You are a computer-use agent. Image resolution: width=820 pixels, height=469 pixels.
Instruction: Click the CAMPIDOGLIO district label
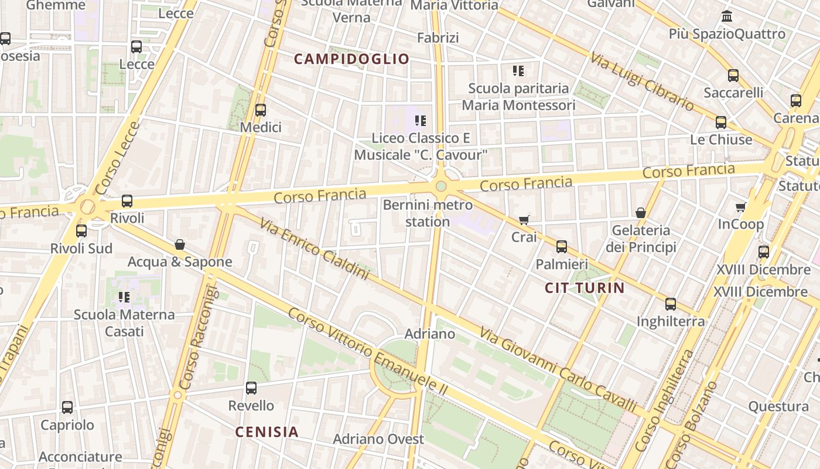click(x=351, y=59)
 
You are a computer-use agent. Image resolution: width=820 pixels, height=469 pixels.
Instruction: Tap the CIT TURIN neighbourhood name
click(x=585, y=288)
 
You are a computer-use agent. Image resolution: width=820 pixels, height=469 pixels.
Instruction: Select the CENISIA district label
click(x=266, y=432)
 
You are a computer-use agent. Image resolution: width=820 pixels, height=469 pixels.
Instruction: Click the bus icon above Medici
click(x=261, y=110)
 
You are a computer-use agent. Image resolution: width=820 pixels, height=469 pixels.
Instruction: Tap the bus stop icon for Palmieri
click(x=562, y=247)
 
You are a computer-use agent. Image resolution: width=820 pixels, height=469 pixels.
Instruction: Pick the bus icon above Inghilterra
click(x=671, y=304)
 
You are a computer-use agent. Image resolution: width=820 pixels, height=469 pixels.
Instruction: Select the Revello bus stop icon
click(x=251, y=388)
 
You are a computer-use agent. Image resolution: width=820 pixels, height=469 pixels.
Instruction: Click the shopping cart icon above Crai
click(x=524, y=220)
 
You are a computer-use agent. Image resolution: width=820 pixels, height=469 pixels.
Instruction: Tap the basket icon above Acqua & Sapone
click(x=180, y=244)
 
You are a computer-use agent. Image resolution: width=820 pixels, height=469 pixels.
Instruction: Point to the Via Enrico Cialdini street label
click(x=314, y=249)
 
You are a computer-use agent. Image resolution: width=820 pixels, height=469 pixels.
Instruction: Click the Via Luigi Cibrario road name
click(x=642, y=81)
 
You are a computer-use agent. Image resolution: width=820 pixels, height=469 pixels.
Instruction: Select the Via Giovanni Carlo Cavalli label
click(x=558, y=369)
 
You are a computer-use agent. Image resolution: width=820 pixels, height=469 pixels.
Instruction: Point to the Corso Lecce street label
click(x=117, y=158)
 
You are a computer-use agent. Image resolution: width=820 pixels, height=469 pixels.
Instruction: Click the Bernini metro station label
click(x=428, y=213)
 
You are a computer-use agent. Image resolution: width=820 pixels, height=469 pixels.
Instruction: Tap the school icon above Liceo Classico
click(x=420, y=121)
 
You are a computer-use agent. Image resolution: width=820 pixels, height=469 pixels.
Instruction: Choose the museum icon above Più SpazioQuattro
click(x=727, y=16)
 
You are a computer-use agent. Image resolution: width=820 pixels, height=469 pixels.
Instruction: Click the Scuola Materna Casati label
click(x=124, y=323)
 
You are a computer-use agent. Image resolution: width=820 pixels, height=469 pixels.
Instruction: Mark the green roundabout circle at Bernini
click(x=441, y=186)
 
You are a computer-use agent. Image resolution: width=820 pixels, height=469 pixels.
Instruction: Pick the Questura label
click(x=778, y=406)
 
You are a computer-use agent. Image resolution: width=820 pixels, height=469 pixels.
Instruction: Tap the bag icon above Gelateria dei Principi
click(x=641, y=212)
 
